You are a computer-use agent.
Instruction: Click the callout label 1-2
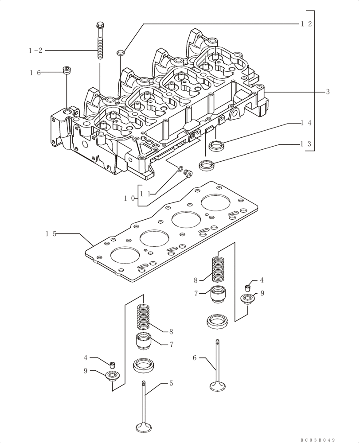35,51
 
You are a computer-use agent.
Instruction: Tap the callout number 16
35,73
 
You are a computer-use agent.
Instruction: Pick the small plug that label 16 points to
67,70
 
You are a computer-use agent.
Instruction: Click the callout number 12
306,24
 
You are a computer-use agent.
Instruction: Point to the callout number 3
327,92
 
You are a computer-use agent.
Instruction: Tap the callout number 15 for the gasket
51,233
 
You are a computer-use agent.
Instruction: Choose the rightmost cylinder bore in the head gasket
215,204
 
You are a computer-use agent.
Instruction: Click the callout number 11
145,194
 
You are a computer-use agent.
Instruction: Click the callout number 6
195,358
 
